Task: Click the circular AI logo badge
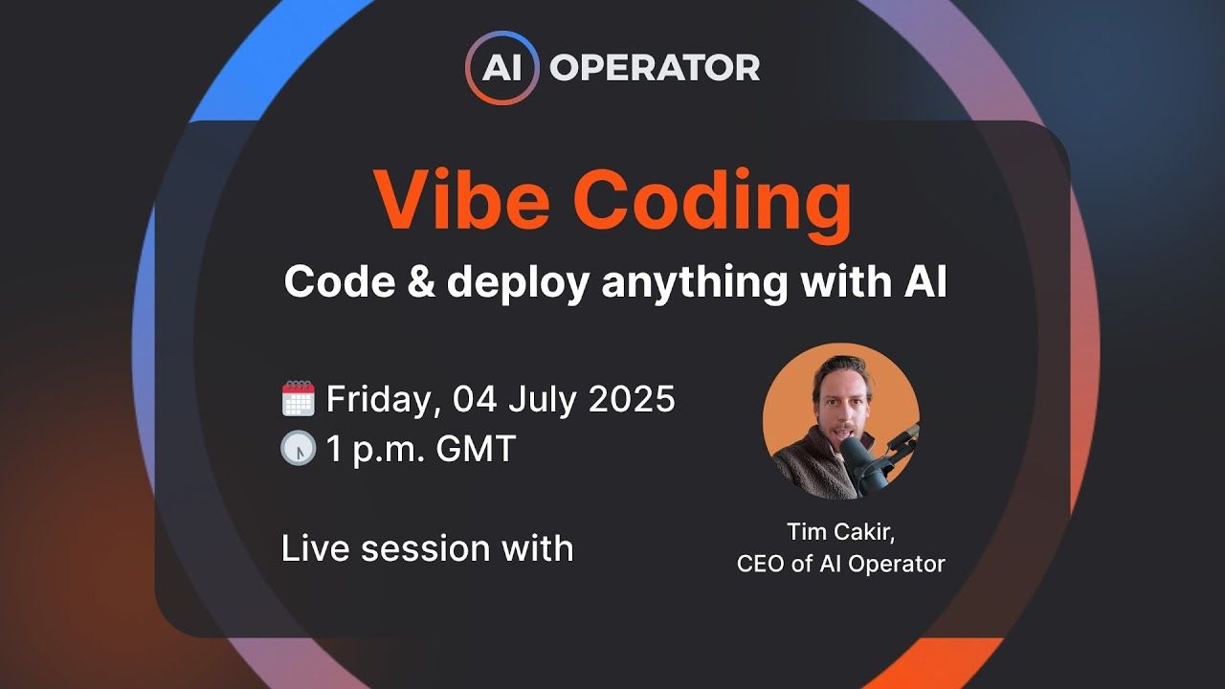pyautogui.click(x=502, y=68)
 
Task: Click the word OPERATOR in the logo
pyautogui.click(x=655, y=68)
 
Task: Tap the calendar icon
pyautogui.click(x=299, y=398)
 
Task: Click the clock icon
pyautogui.click(x=299, y=449)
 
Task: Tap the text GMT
pyautogui.click(x=476, y=449)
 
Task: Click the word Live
pyautogui.click(x=315, y=548)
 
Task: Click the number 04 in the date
pyautogui.click(x=476, y=398)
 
